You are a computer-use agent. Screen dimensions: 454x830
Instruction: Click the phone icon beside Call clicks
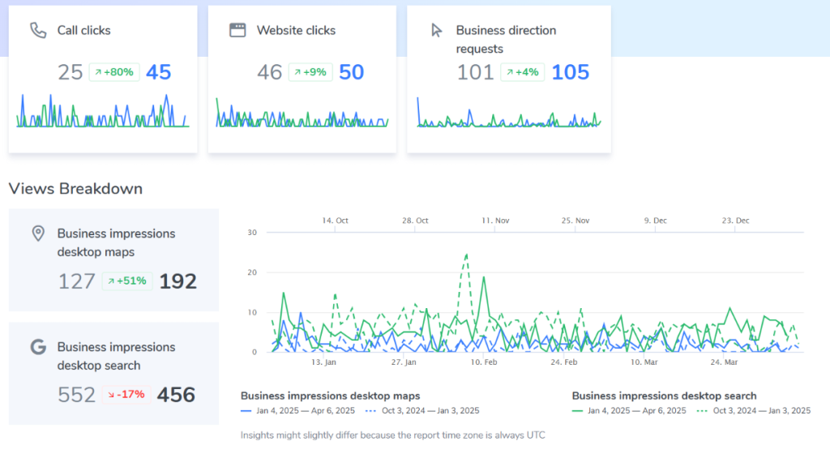click(37, 31)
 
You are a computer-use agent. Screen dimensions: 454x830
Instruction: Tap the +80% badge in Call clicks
click(113, 72)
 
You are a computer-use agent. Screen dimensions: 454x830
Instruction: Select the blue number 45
click(159, 72)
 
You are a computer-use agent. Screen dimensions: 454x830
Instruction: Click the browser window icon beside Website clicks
click(237, 31)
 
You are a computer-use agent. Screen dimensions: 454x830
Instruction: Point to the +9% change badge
click(310, 72)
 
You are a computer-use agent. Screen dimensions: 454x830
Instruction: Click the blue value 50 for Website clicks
click(351, 72)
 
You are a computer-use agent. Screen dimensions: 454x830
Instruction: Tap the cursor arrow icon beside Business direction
click(437, 31)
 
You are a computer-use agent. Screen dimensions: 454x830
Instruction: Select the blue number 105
click(571, 72)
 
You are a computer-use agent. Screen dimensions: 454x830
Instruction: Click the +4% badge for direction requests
click(523, 72)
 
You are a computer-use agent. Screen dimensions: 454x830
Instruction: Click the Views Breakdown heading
click(75, 189)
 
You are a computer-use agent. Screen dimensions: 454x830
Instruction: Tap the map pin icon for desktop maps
click(37, 233)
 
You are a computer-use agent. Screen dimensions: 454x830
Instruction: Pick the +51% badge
click(127, 281)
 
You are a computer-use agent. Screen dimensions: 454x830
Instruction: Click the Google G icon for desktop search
click(37, 347)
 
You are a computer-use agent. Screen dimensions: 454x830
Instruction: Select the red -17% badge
click(127, 395)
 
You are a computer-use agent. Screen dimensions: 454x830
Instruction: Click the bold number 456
click(176, 395)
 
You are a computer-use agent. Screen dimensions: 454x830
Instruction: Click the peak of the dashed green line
click(467, 254)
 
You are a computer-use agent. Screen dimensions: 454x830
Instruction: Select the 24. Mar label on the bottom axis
click(724, 362)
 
